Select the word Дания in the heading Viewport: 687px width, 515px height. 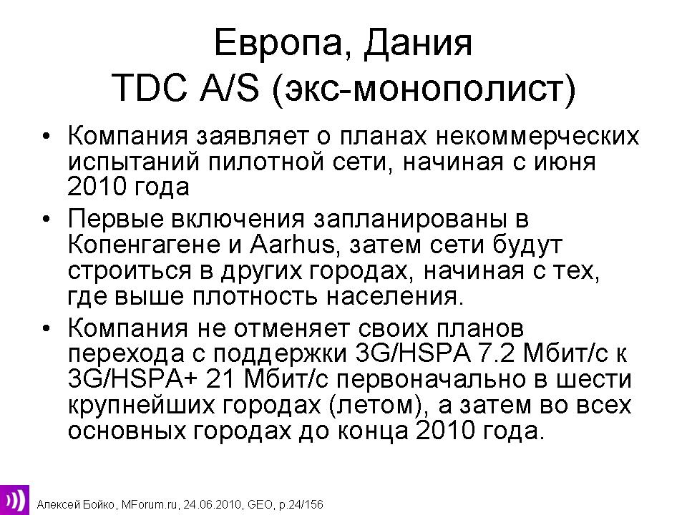coord(418,44)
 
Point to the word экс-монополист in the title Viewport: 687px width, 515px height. coord(424,90)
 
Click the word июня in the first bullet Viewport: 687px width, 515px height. coord(565,162)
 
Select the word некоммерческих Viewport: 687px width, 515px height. coord(537,136)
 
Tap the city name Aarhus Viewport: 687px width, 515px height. coord(292,245)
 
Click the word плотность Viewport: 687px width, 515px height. coord(255,296)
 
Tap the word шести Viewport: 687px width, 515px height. coord(594,379)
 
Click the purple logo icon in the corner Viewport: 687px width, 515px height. coord(14,500)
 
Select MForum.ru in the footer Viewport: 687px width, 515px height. coord(150,504)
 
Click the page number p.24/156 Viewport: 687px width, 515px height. coord(301,505)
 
